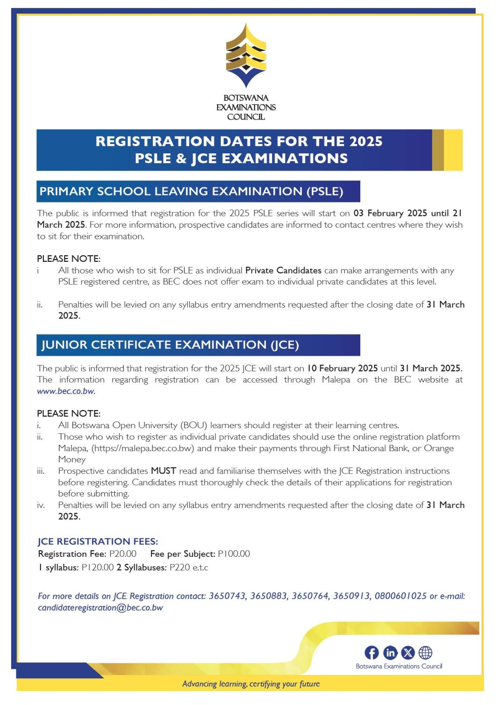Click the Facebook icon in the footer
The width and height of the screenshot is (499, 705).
tap(371, 653)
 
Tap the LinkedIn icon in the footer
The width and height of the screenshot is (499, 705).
tap(390, 653)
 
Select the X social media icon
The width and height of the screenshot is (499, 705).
tap(408, 653)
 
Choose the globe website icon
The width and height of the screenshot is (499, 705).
tap(425, 653)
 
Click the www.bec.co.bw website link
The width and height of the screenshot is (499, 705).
tap(66, 391)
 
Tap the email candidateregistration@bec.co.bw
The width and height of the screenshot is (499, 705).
tap(100, 608)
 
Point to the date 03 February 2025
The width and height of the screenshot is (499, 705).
tap(390, 213)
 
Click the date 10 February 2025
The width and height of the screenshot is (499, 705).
tap(342, 368)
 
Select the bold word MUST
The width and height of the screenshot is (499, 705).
tap(163, 471)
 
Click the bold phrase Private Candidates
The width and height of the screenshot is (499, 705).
tap(283, 270)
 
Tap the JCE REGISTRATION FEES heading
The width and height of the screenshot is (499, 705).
tap(98, 541)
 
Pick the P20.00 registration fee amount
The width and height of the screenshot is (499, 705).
tap(123, 554)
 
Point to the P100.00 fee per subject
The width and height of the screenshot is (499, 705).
tap(234, 554)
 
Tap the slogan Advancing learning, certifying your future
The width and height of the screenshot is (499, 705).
tap(251, 684)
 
